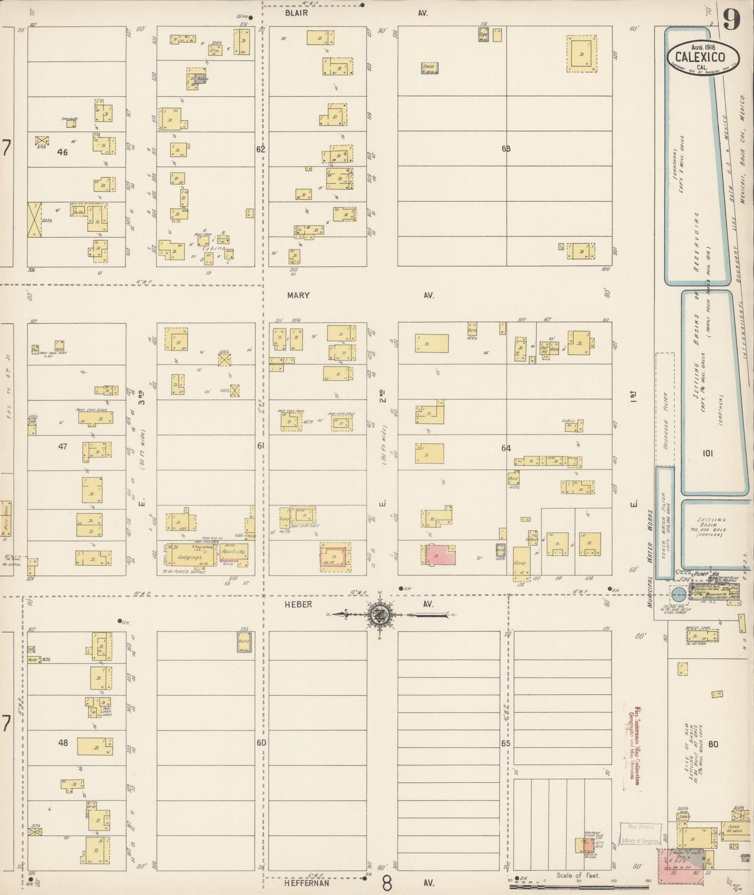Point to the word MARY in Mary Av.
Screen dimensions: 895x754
[298, 295]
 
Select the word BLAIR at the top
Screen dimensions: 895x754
[296, 13]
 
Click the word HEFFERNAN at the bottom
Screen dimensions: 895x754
[307, 884]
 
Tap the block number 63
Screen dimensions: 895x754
[506, 148]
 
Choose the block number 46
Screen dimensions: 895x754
[63, 152]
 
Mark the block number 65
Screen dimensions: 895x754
[505, 743]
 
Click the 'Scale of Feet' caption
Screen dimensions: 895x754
[578, 876]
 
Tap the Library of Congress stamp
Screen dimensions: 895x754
[640, 841]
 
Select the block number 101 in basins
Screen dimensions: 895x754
[708, 453]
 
